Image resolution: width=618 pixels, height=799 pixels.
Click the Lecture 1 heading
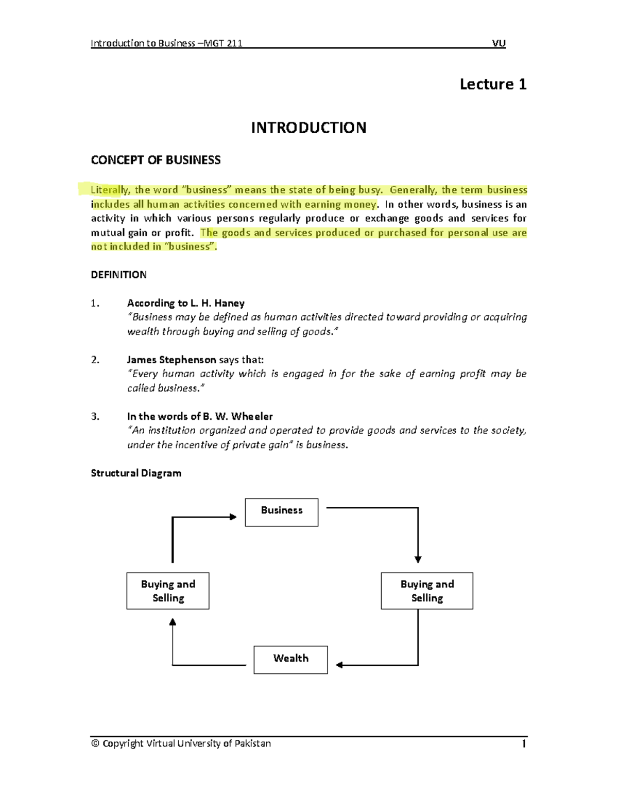click(x=493, y=84)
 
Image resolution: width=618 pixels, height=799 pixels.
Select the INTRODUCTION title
click(x=308, y=128)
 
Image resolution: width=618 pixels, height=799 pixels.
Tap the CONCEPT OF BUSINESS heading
click(x=156, y=161)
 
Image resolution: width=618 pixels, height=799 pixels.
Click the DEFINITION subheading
click(x=118, y=275)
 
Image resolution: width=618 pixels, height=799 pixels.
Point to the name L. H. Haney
click(x=217, y=303)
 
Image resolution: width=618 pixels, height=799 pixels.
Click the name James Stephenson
click(x=171, y=360)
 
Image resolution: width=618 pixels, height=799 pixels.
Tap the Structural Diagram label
click(x=136, y=473)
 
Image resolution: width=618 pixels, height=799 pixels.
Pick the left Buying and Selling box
click(x=168, y=591)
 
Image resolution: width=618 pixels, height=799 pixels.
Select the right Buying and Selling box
click(x=427, y=591)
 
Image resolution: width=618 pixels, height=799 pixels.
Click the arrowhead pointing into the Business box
click(x=233, y=517)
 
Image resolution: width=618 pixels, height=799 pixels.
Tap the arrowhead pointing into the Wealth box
click(x=339, y=665)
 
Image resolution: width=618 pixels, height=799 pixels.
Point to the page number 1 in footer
click(x=524, y=743)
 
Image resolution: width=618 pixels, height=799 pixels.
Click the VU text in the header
click(x=499, y=43)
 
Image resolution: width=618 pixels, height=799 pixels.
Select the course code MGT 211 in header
click(x=223, y=43)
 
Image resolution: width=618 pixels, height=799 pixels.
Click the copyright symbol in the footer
click(x=95, y=743)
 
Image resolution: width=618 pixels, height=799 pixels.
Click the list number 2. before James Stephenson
click(x=95, y=360)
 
